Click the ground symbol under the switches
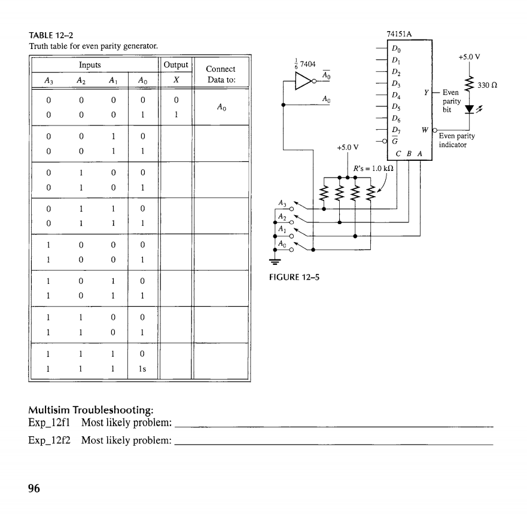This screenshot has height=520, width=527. (276, 260)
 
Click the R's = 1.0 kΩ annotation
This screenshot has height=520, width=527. (372, 169)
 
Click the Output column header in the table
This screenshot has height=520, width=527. (175, 65)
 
